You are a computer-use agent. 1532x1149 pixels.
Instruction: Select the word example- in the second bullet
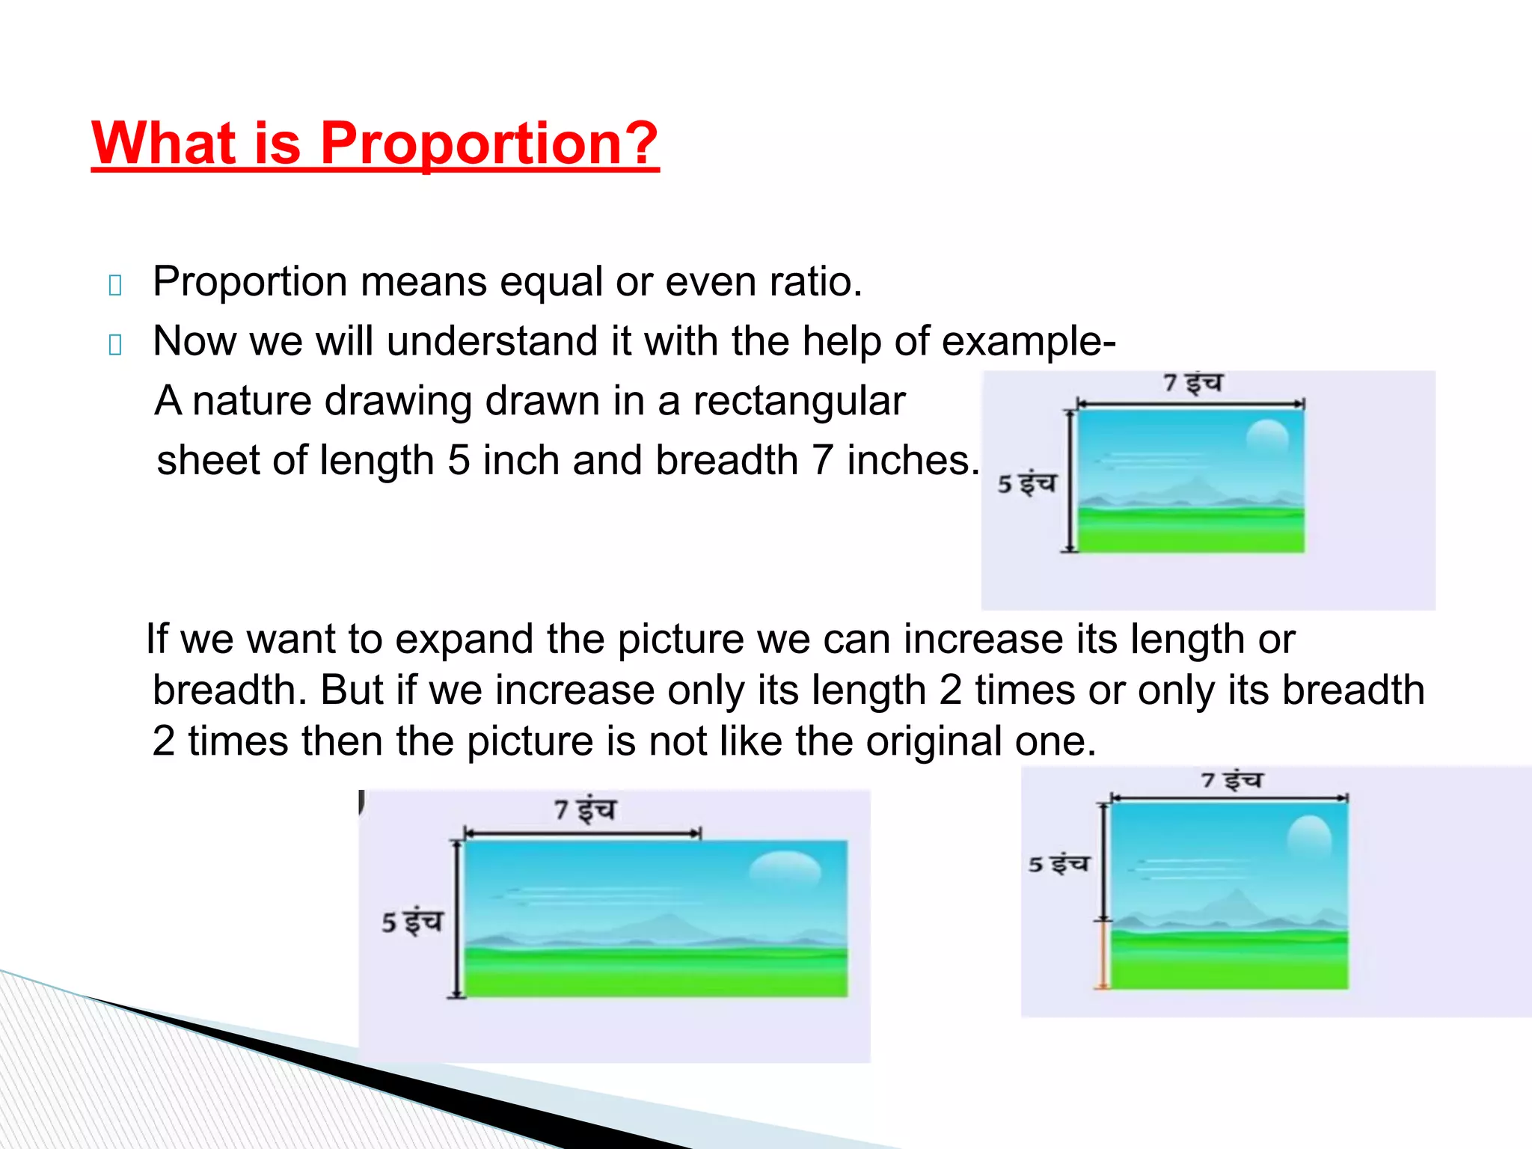pyautogui.click(x=1029, y=341)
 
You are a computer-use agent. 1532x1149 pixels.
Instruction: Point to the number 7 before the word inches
pyautogui.click(x=822, y=460)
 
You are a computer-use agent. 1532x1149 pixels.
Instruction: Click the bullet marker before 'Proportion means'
pyautogui.click(x=115, y=285)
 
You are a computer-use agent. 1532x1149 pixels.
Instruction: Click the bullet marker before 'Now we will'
pyautogui.click(x=115, y=345)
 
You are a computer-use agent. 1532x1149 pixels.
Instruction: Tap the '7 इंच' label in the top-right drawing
pyautogui.click(x=1192, y=384)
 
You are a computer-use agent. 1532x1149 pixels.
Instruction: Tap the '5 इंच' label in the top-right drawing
pyautogui.click(x=1026, y=483)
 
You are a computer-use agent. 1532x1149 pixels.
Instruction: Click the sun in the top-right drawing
pyautogui.click(x=1267, y=438)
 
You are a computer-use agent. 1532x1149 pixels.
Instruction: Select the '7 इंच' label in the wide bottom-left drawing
pyautogui.click(x=585, y=809)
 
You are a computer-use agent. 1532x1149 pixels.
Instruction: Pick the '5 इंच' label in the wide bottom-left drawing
pyautogui.click(x=412, y=922)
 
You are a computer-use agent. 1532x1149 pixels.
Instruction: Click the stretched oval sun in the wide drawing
pyautogui.click(x=785, y=870)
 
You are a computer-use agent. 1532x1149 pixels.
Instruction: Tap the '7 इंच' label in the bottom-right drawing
pyautogui.click(x=1231, y=780)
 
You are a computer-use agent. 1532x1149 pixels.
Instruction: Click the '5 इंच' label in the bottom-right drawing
pyautogui.click(x=1058, y=864)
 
